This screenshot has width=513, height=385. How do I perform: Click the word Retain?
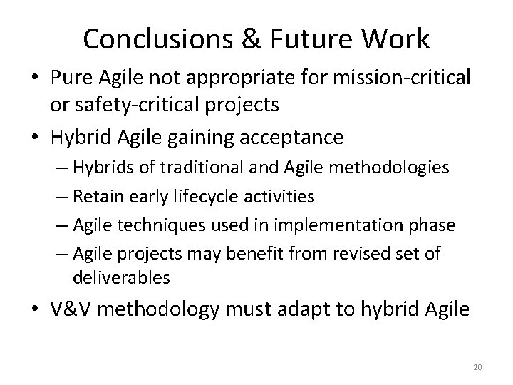(97, 195)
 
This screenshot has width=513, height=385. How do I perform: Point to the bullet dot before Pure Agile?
(35, 78)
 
